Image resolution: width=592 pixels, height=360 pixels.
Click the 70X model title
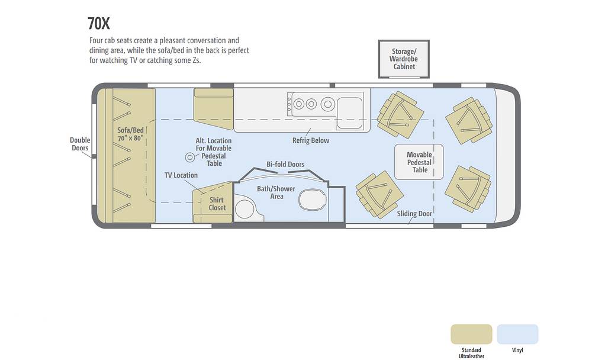pyautogui.click(x=98, y=24)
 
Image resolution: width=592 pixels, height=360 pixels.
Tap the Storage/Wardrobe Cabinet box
pyautogui.click(x=404, y=59)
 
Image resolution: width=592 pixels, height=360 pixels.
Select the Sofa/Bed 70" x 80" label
pyautogui.click(x=131, y=134)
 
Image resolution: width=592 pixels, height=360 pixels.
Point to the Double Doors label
pyautogui.click(x=80, y=144)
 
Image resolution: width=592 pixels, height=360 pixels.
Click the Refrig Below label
pyautogui.click(x=311, y=140)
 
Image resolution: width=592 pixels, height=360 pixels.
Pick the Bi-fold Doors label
pyautogui.click(x=285, y=165)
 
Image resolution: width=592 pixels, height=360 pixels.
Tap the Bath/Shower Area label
pyautogui.click(x=276, y=192)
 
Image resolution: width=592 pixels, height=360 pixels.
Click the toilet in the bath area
pyautogui.click(x=312, y=199)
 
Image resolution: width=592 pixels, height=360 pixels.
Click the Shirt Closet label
pyautogui.click(x=217, y=204)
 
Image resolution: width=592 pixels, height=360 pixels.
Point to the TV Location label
pyautogui.click(x=181, y=175)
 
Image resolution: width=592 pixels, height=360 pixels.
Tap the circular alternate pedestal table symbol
pyautogui.click(x=190, y=157)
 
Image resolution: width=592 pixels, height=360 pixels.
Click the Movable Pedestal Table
pyautogui.click(x=419, y=162)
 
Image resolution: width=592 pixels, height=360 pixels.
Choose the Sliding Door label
pyautogui.click(x=414, y=214)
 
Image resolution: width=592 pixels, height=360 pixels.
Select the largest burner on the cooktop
pyautogui.click(x=328, y=104)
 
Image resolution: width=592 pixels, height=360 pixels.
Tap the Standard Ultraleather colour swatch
pyautogui.click(x=472, y=335)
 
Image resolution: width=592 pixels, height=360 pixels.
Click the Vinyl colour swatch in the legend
pyautogui.click(x=517, y=335)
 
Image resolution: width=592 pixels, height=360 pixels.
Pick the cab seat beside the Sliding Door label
pyautogui.click(x=379, y=195)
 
